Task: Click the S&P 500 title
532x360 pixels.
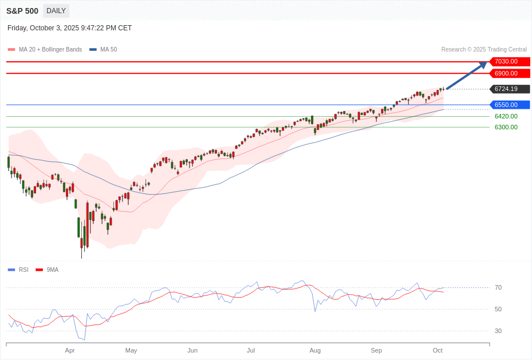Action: point(22,11)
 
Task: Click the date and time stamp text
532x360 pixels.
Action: point(69,28)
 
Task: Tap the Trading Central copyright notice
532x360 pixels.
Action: point(484,50)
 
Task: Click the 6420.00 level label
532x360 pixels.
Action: point(506,116)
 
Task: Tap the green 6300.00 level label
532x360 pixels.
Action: point(506,127)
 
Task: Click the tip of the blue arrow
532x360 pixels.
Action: point(486,62)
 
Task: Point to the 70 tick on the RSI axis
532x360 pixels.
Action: point(498,287)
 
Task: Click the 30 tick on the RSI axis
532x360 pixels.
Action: point(498,331)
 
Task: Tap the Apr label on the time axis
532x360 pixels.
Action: point(70,350)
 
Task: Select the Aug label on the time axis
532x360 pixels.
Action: point(315,350)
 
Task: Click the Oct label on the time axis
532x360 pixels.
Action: point(438,350)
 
